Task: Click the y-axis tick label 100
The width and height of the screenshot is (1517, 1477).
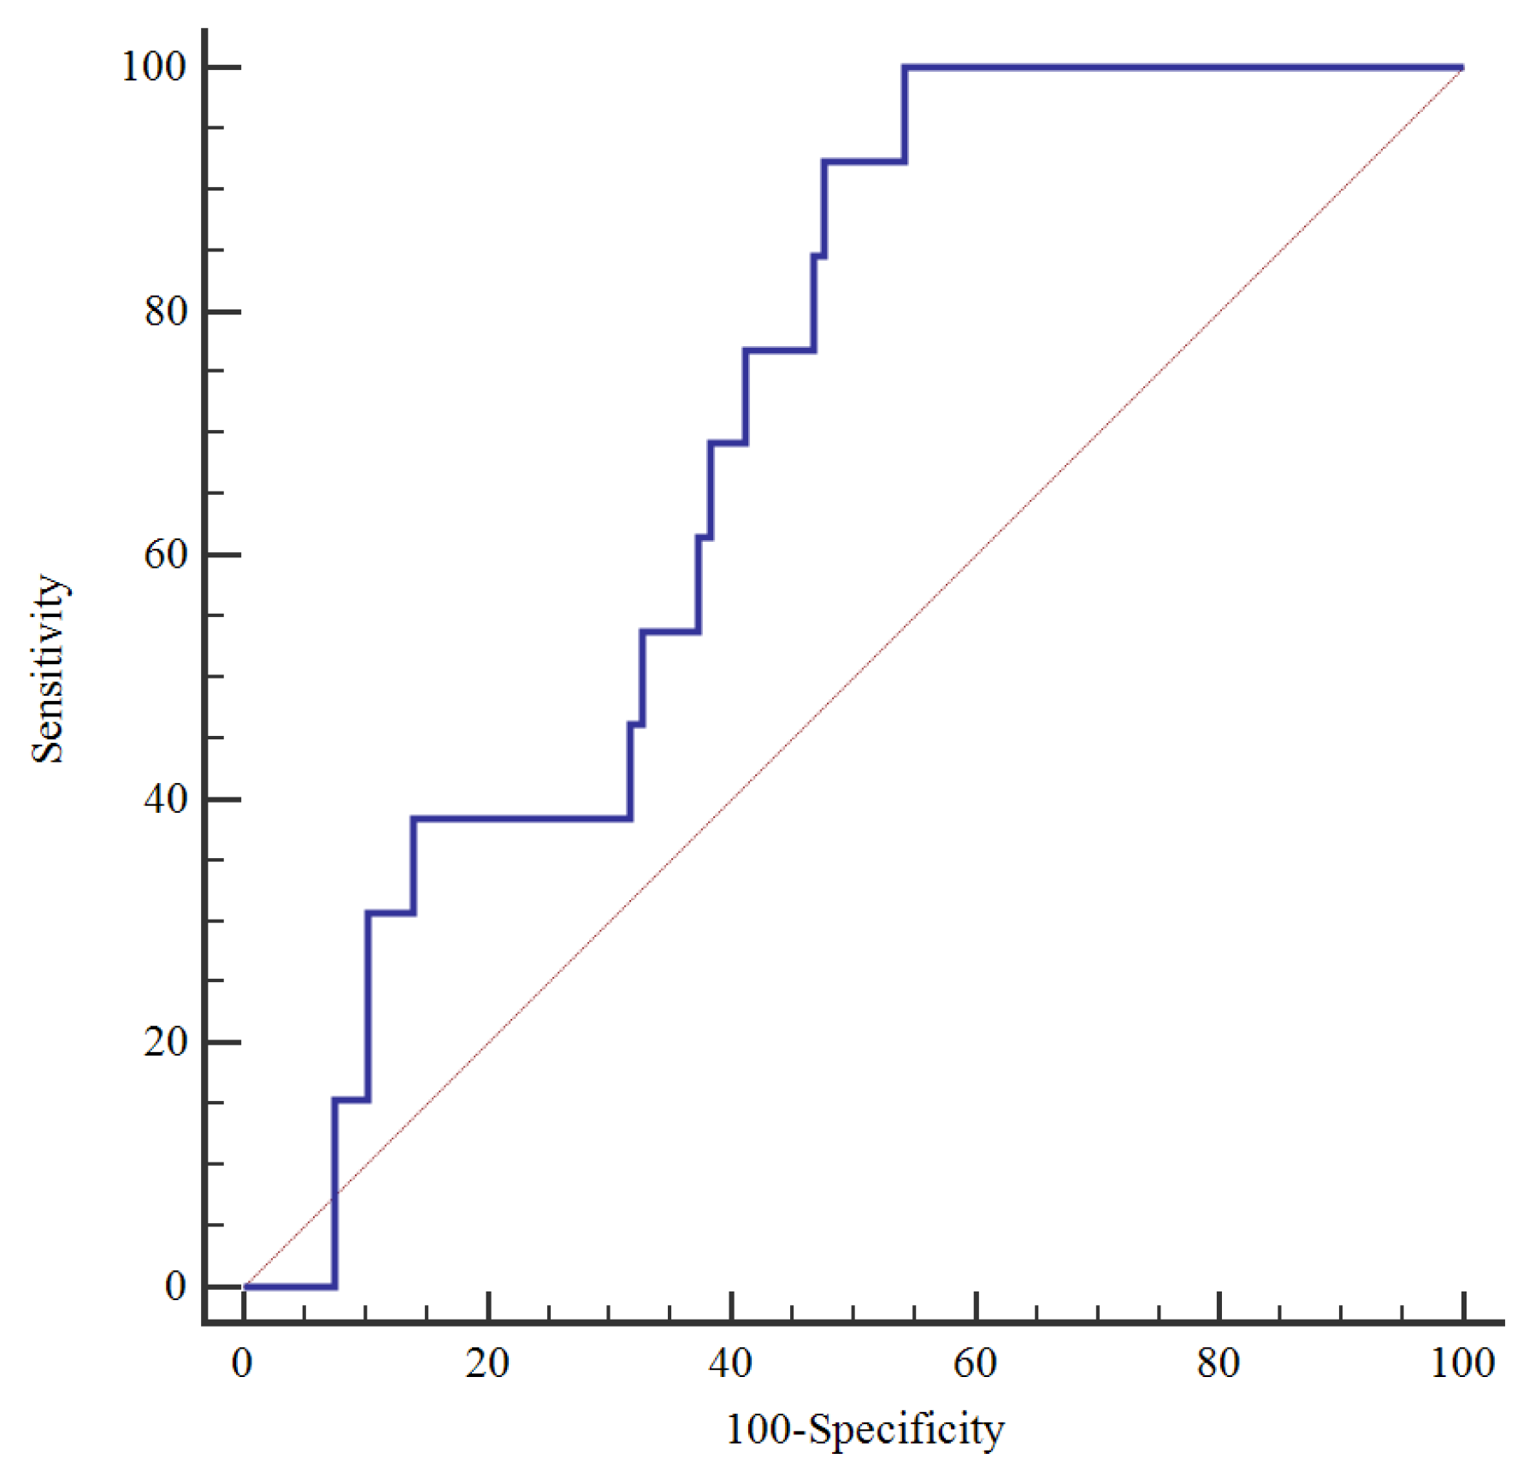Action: point(153,67)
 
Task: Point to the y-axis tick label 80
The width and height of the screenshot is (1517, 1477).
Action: point(165,311)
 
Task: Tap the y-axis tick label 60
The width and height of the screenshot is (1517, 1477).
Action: point(165,555)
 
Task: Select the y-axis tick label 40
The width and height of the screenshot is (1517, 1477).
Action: point(165,799)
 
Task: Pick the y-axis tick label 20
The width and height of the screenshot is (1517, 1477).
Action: point(165,1042)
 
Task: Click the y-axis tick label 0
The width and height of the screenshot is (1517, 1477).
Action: point(175,1286)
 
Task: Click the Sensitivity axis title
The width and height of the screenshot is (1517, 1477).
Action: point(48,668)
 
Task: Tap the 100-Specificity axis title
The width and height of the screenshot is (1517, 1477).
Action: point(865,1429)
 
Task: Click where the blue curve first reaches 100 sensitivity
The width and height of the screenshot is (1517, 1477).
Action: point(905,68)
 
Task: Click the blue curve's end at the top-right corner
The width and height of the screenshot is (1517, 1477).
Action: point(1461,68)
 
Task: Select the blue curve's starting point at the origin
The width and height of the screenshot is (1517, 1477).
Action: point(245,1286)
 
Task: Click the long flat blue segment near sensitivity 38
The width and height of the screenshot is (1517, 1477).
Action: point(522,819)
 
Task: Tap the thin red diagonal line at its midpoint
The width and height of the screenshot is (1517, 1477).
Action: point(853,676)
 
